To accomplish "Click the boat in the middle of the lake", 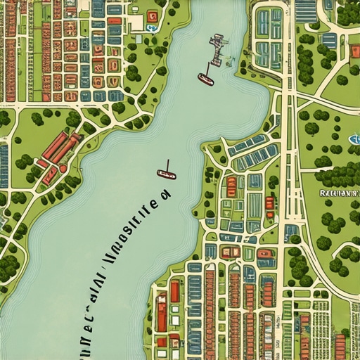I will [166, 174].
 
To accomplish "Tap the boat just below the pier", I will [205, 79].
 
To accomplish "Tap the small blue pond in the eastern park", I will [354, 139].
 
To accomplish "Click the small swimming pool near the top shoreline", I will [151, 29].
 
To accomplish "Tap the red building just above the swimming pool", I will [152, 16].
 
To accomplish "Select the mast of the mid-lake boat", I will [167, 166].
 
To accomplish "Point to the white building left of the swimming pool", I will [135, 23].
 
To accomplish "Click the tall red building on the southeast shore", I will [174, 292].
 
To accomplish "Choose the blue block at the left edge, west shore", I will [4, 166].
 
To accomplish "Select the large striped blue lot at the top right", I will [306, 11].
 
